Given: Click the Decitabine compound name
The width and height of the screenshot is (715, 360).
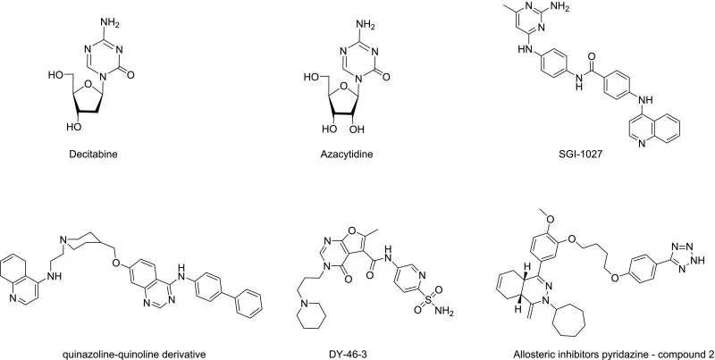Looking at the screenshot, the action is click(93, 154).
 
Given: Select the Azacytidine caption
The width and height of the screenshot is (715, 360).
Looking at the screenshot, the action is click(346, 154).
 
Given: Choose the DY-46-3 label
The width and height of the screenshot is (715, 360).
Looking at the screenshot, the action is click(347, 354).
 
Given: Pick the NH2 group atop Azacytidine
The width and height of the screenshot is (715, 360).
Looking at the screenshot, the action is click(366, 26).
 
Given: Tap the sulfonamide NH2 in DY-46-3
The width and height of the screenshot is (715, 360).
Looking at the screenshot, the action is click(444, 312).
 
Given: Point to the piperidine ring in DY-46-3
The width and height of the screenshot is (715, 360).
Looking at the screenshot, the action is click(312, 314).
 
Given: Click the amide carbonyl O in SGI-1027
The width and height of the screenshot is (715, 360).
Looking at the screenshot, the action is click(592, 56).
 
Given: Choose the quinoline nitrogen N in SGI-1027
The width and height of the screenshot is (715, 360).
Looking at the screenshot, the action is click(642, 144).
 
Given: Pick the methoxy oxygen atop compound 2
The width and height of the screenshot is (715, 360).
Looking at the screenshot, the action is click(548, 219).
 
